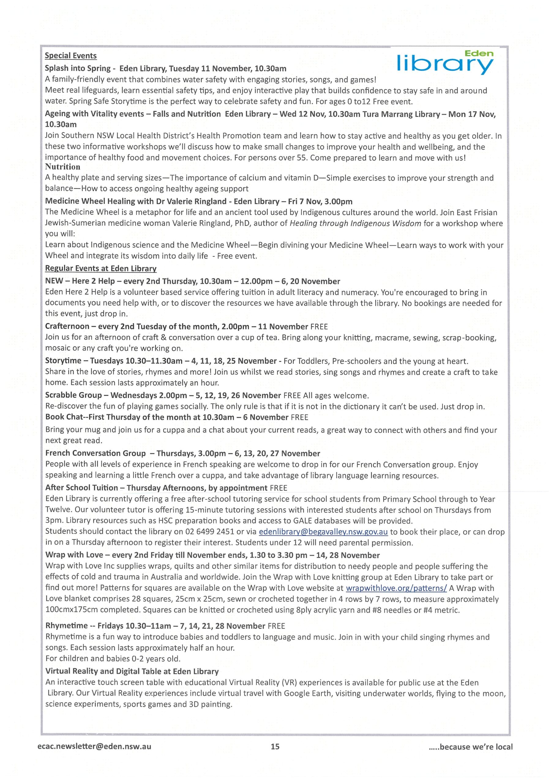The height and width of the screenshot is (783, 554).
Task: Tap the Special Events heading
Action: [71, 56]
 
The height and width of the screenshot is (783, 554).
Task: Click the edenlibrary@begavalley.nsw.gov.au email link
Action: [323, 532]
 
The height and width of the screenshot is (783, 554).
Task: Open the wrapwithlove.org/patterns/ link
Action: [396, 588]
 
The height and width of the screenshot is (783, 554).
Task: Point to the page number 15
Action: [275, 747]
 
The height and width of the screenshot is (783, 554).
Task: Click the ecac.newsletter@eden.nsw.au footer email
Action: [94, 746]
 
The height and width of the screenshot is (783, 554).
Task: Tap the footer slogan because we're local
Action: [471, 747]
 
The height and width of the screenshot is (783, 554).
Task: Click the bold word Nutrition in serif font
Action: [62, 167]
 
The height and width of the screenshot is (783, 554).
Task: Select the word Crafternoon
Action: [67, 326]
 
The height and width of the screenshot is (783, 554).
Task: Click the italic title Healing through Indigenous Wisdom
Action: [355, 223]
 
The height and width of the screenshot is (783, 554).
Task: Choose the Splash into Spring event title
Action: [78, 68]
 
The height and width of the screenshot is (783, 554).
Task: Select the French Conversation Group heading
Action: [95, 453]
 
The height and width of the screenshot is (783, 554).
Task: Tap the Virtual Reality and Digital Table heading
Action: [132, 671]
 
